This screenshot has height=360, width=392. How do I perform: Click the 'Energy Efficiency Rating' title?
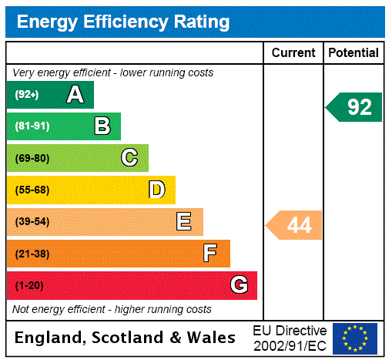pos(123,22)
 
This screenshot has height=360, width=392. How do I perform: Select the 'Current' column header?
pos(293,52)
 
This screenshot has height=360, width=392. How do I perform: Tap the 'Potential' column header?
pos(353,52)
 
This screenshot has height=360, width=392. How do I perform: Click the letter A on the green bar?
pos(75,95)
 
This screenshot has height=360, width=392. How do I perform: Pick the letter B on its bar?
pos(102,126)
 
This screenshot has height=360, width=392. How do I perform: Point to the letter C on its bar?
pos(129,158)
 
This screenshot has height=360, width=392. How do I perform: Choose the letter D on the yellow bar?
pos(156,190)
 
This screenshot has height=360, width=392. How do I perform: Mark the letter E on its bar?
pos(184,222)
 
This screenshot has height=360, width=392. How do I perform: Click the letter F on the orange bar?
pos(210,254)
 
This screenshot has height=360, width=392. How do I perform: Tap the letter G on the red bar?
pos(239,285)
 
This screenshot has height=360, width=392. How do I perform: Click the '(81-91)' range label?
pos(32,126)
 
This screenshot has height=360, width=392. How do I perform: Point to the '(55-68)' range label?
pos(32,190)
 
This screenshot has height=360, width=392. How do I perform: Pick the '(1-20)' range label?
pos(29,285)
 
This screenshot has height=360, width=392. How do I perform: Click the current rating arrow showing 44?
pos(295,225)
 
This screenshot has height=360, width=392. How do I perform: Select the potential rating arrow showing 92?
pos(355,106)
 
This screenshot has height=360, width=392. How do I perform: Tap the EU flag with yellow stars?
pos(355,338)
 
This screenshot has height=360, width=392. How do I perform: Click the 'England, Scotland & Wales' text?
pos(126,338)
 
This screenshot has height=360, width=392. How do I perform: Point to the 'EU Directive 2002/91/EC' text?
pos(290,338)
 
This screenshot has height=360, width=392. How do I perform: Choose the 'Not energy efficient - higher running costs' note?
pos(112,309)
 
